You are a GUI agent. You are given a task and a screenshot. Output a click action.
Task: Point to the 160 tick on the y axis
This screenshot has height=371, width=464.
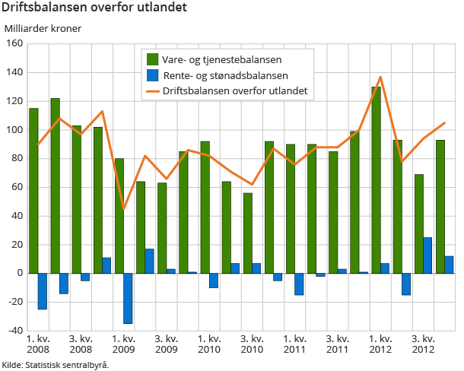[x=14, y=43]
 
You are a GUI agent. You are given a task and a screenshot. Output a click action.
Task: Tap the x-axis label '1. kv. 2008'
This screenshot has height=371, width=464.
[x=38, y=344]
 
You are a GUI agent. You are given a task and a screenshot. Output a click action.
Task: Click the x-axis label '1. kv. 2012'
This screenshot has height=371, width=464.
[x=380, y=344]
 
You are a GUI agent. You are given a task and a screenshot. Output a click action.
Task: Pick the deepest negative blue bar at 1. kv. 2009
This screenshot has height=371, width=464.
[x=128, y=298]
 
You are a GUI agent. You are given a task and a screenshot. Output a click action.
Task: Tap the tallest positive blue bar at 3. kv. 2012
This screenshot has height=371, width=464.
[x=427, y=255]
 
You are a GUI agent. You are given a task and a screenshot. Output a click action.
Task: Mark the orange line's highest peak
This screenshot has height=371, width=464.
[x=380, y=77]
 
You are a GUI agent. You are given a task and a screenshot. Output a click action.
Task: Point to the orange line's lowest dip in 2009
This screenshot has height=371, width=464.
[x=123, y=208]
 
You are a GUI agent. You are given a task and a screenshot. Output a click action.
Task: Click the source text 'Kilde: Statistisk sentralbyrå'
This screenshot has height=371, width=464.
[x=55, y=365]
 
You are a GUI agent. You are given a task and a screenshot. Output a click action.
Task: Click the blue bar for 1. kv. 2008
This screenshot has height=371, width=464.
[x=43, y=291]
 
